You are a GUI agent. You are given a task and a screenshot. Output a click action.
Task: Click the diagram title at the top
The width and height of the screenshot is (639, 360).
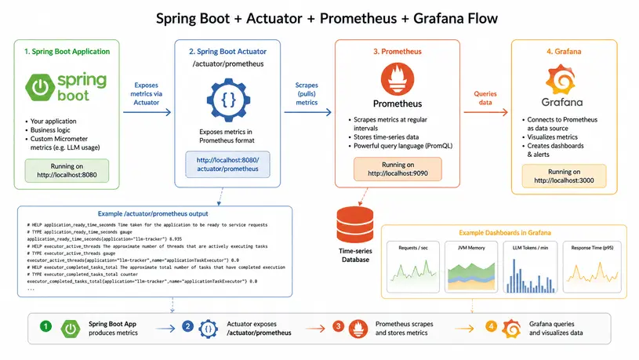[x=319, y=17]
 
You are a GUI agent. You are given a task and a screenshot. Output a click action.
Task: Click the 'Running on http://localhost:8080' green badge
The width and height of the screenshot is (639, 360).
[x=67, y=171]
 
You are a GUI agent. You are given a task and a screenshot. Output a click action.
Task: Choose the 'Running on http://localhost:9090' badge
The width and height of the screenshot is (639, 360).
[x=397, y=169]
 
